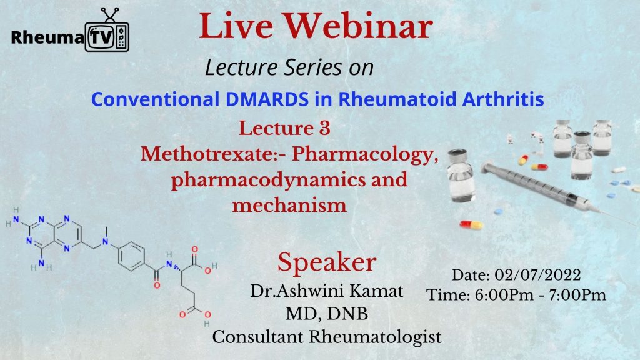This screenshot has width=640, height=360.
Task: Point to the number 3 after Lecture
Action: [x=322, y=129]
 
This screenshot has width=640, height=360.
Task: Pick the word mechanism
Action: [x=289, y=204]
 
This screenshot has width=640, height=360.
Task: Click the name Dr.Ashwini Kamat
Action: [x=327, y=291]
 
